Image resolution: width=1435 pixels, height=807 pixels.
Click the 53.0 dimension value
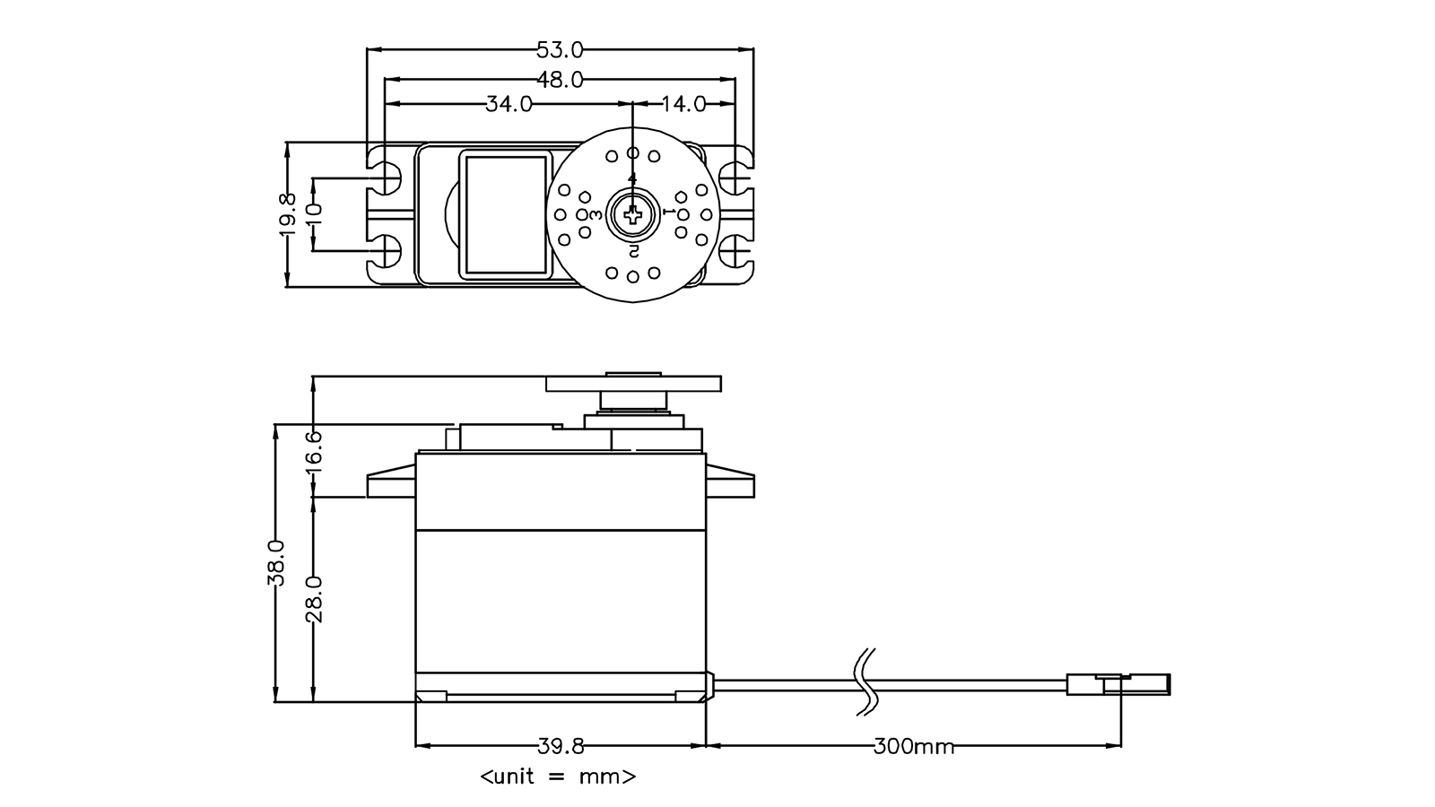pos(560,49)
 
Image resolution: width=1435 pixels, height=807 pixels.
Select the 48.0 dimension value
pos(560,80)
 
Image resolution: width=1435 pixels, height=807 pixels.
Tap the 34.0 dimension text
pos(509,104)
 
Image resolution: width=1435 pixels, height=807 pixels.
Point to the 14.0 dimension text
pos(683,104)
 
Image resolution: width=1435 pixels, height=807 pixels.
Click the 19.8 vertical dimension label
pos(287,214)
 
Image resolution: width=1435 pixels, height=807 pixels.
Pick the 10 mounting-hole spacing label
pos(313,214)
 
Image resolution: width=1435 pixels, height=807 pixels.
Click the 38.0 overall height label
pos(275,563)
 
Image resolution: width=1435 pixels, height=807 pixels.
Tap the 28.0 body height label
pos(313,599)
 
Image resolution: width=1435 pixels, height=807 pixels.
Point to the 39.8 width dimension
pos(561,746)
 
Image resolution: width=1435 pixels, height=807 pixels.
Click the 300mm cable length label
pos(913,746)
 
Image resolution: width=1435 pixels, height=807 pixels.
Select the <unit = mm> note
pos(558,777)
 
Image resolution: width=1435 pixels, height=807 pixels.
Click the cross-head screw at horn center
pos(633,214)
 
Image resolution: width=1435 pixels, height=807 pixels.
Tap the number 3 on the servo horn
pos(596,214)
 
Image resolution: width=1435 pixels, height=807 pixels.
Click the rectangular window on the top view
pos(503,214)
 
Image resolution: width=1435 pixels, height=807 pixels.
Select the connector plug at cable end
pos(1118,684)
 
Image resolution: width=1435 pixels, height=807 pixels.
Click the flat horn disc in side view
pos(633,385)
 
